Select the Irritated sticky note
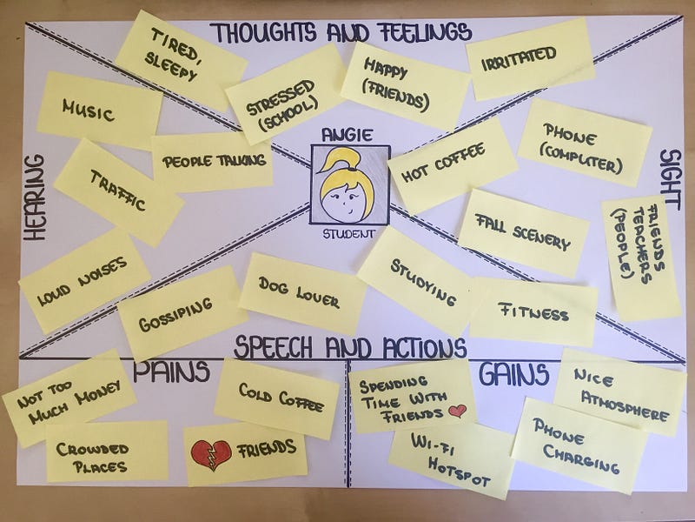(529, 56)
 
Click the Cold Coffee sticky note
(276, 398)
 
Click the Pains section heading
(170, 372)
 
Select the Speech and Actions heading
(349, 348)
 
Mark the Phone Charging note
(579, 445)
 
